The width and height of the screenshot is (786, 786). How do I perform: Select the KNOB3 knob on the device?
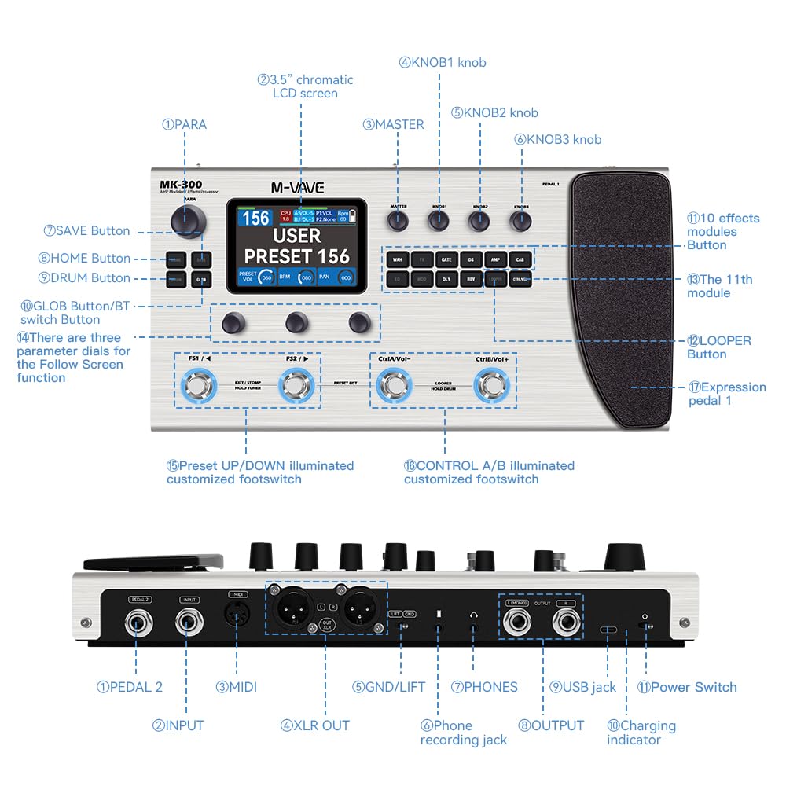520,222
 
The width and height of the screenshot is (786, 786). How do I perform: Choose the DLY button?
446,278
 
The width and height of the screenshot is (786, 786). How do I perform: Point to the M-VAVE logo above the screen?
297,188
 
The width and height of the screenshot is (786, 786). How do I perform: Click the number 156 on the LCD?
256,217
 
